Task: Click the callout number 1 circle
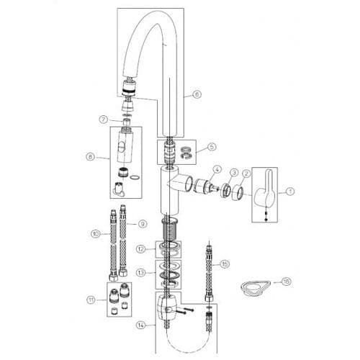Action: pyautogui.click(x=291, y=192)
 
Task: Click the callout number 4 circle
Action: pyautogui.click(x=215, y=171)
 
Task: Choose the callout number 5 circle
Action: pyautogui.click(x=211, y=147)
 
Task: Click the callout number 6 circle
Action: pyautogui.click(x=197, y=94)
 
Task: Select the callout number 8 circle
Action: pyautogui.click(x=91, y=156)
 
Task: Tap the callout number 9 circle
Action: pyautogui.click(x=143, y=223)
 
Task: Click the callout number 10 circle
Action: pyautogui.click(x=95, y=233)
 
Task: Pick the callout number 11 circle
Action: pyautogui.click(x=90, y=300)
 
